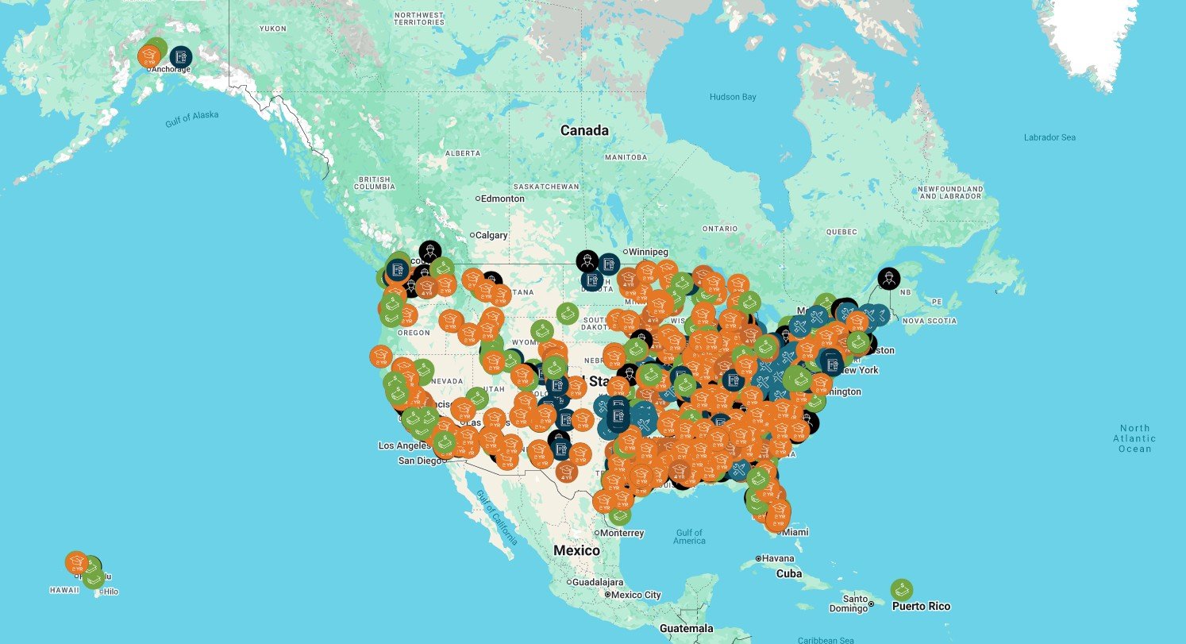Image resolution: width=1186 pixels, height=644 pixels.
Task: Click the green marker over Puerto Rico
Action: tap(901, 590)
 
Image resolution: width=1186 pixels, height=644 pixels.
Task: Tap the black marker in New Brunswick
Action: tap(889, 279)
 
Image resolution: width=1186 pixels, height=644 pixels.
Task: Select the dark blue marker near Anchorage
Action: tap(180, 56)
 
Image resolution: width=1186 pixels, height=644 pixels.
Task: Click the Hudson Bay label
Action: tap(733, 97)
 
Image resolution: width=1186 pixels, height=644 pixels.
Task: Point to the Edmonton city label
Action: tap(503, 199)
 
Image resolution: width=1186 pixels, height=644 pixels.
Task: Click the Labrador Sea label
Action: tap(1049, 137)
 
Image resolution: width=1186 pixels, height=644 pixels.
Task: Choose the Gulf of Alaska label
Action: tap(191, 119)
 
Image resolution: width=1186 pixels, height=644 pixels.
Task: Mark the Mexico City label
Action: tap(635, 595)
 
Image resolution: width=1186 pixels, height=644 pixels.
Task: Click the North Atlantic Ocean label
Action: tap(1134, 438)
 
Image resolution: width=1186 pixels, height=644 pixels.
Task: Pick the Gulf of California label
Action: tap(496, 517)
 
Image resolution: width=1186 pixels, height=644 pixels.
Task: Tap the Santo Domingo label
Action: tap(855, 604)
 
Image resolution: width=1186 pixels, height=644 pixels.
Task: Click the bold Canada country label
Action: tap(584, 130)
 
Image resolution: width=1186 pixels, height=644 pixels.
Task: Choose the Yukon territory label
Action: tap(272, 29)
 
